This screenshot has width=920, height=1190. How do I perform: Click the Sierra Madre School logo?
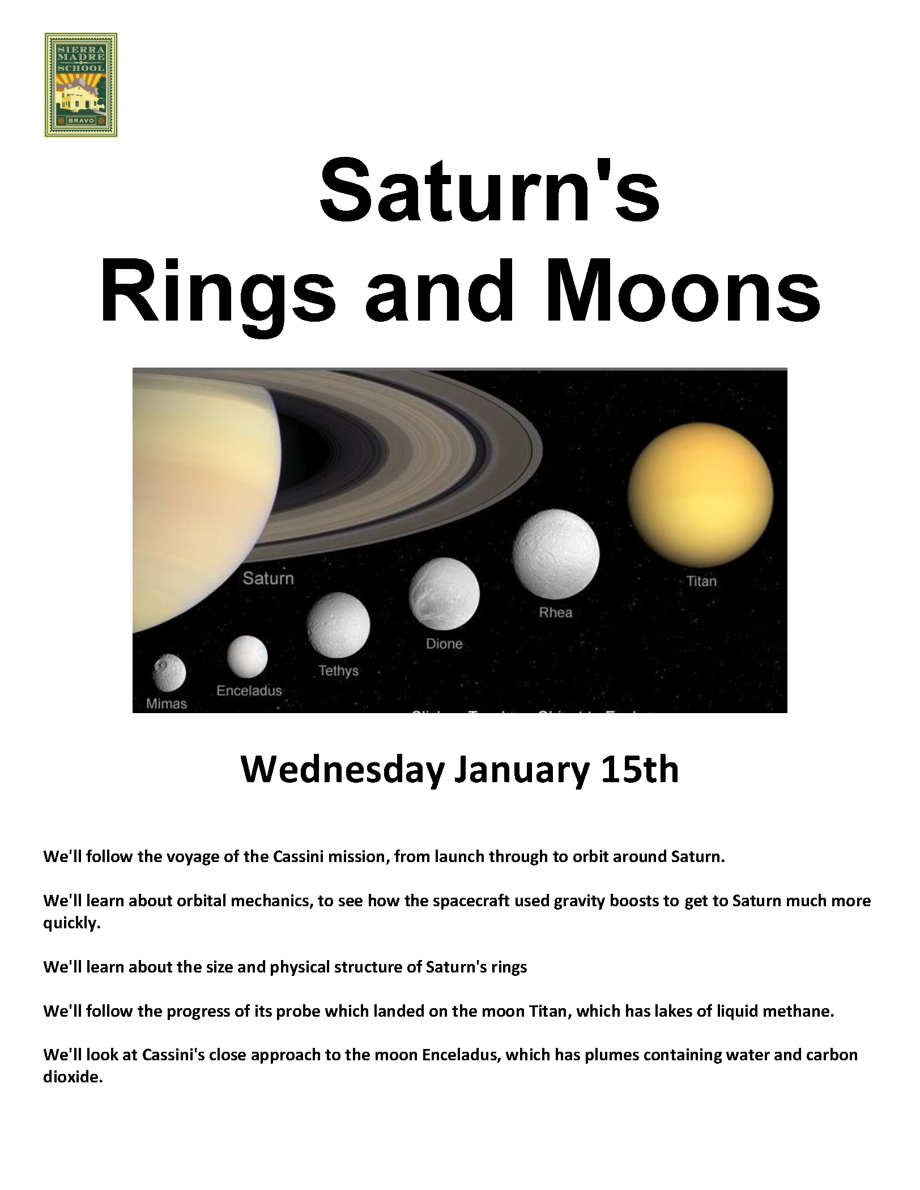click(x=80, y=85)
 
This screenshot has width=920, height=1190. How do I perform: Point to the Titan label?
click(x=701, y=581)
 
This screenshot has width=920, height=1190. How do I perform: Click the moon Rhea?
click(x=556, y=553)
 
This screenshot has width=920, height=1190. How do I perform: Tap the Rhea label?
click(x=556, y=612)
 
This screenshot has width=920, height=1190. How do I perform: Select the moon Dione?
click(x=444, y=594)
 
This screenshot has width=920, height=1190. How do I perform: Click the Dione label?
click(x=444, y=643)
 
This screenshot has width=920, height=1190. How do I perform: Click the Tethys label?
click(x=338, y=671)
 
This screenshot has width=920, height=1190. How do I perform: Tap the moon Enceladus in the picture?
click(x=247, y=656)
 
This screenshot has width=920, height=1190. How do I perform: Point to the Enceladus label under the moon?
click(x=249, y=690)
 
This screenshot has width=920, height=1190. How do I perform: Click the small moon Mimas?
click(x=169, y=673)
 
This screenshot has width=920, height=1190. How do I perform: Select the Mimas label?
click(x=167, y=703)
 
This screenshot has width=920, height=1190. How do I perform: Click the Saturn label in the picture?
click(x=269, y=578)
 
